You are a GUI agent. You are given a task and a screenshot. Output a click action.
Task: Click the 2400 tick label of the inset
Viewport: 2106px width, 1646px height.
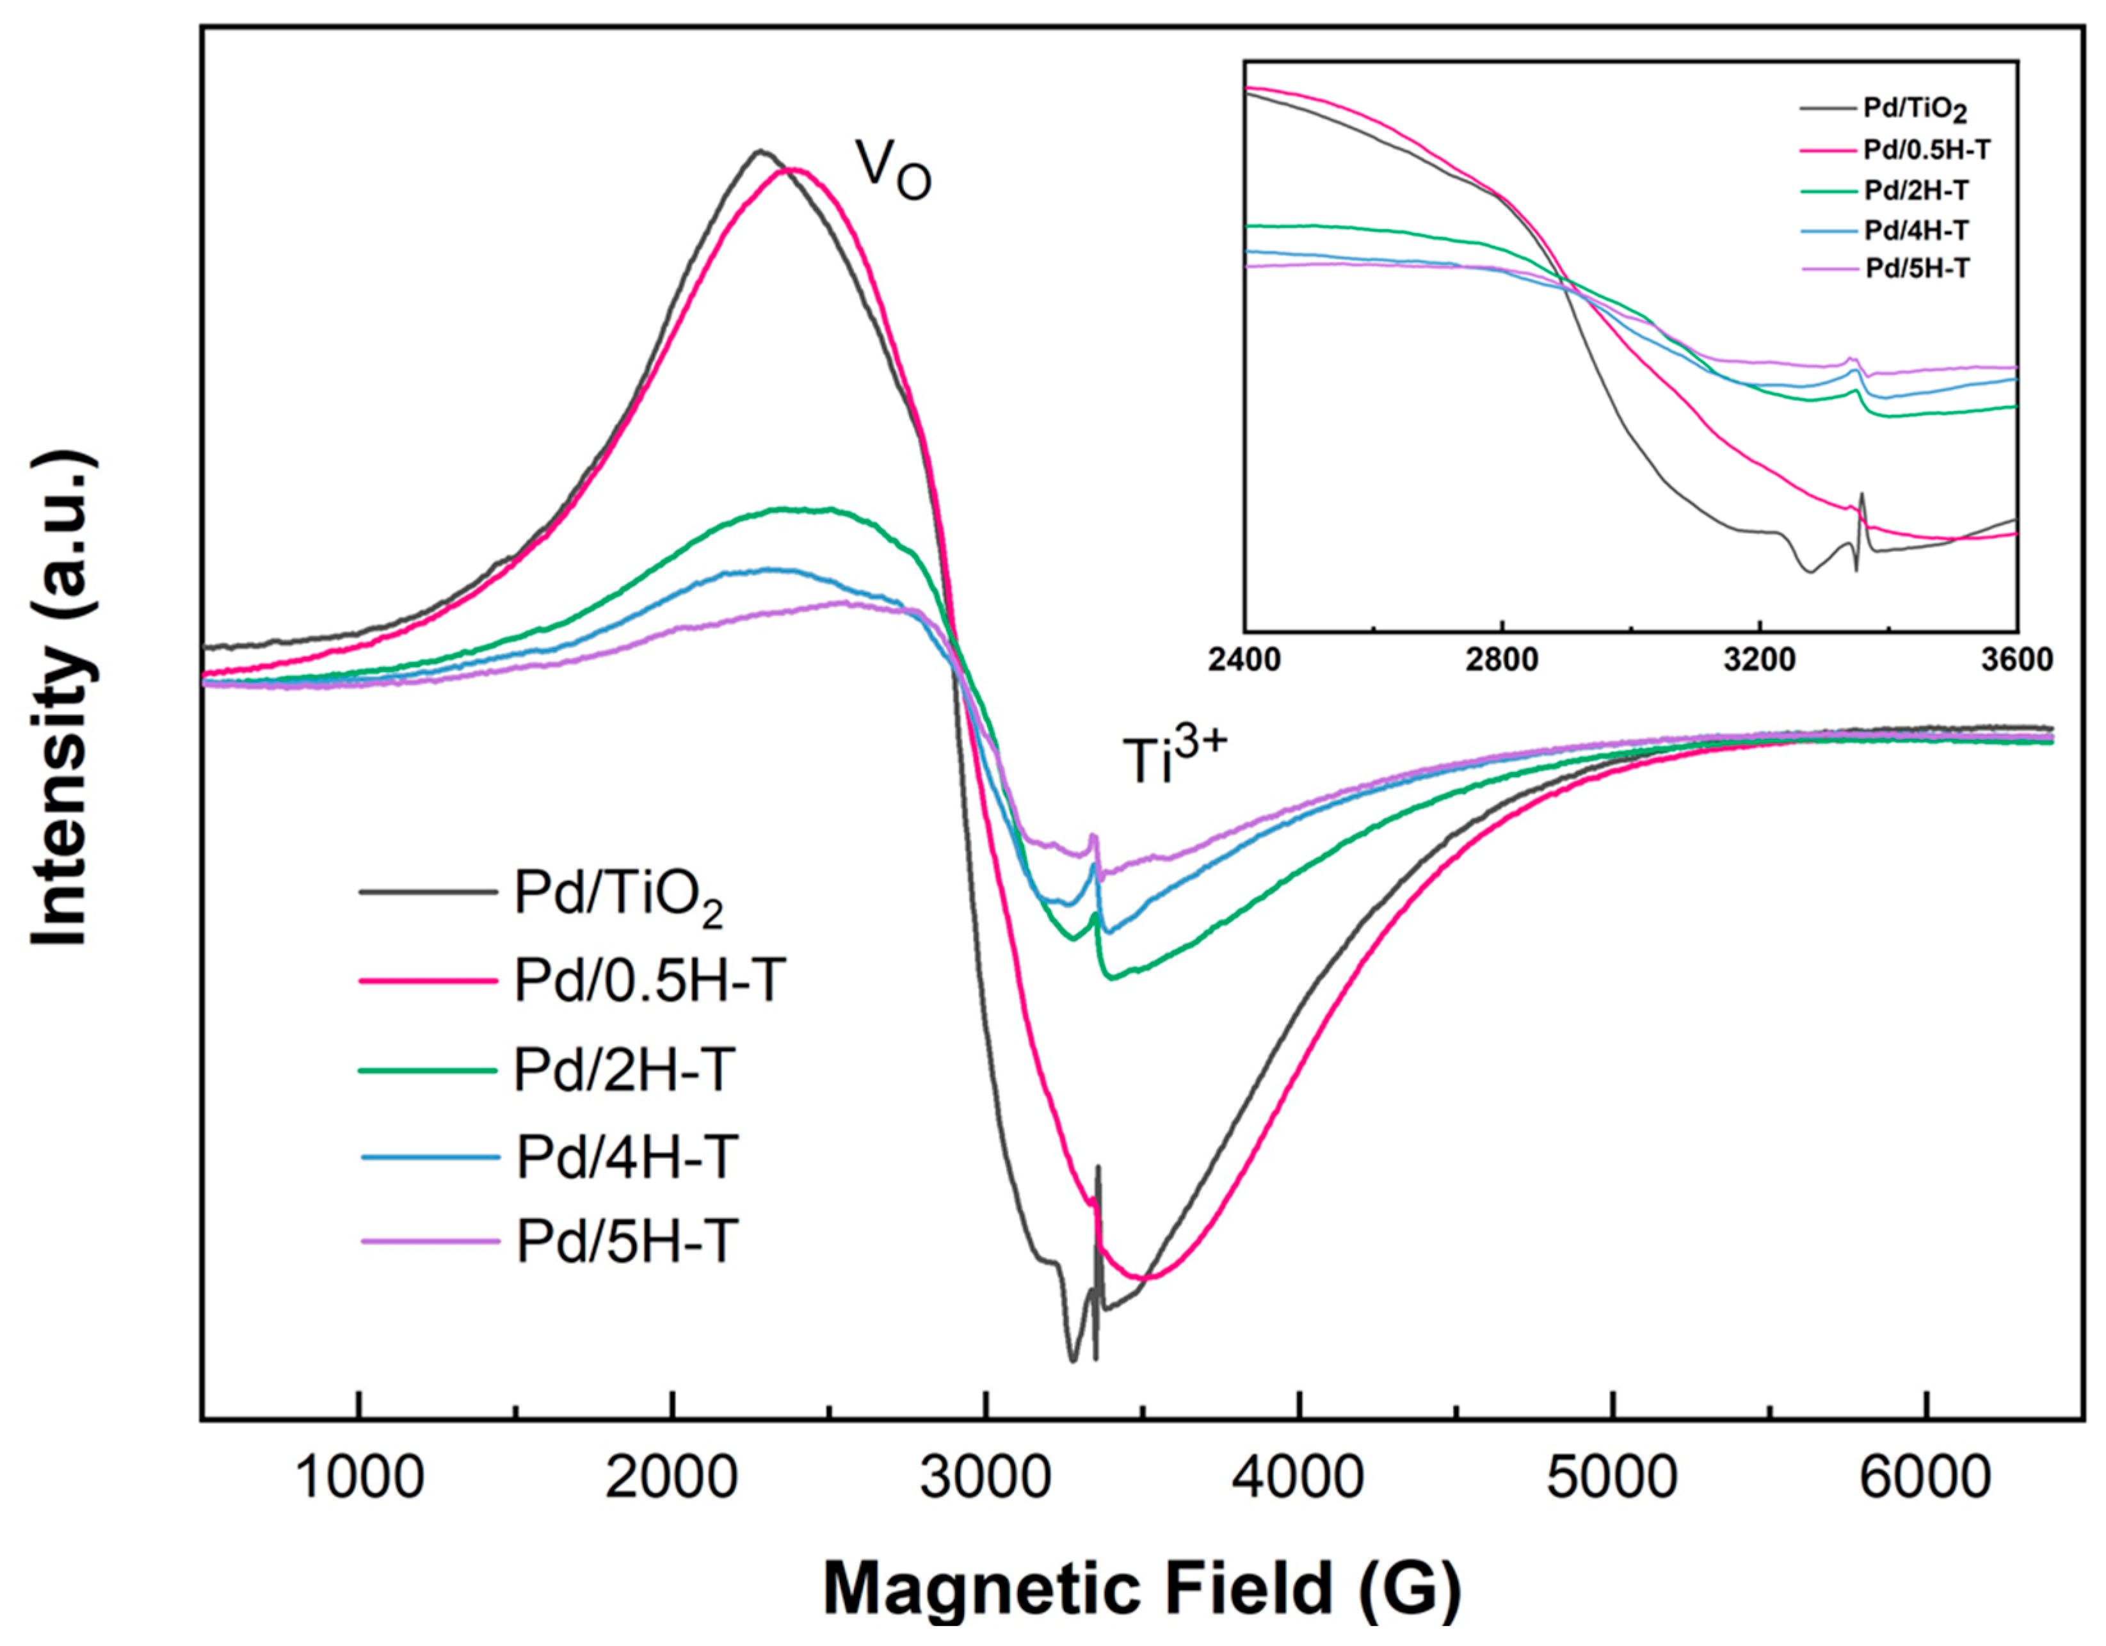coord(1245,661)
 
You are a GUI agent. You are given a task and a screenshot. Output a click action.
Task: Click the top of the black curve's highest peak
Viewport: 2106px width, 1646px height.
coord(760,150)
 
